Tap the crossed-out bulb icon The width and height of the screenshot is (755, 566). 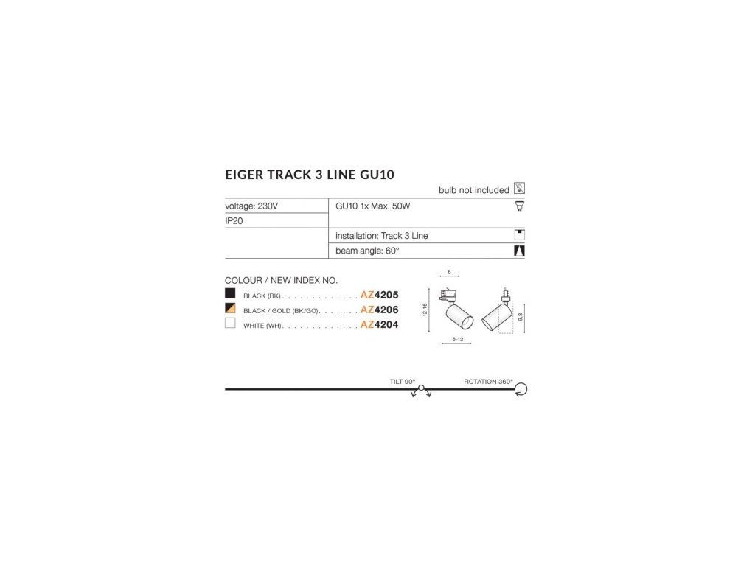click(519, 189)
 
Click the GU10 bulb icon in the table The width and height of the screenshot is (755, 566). click(519, 206)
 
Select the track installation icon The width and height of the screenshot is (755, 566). click(519, 236)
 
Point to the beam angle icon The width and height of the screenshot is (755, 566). click(519, 251)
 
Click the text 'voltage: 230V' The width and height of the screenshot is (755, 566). click(251, 206)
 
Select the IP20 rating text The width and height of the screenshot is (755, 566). click(234, 220)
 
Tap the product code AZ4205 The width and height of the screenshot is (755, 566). click(379, 295)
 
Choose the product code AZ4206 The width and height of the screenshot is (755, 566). click(379, 310)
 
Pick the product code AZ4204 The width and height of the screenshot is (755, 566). click(379, 325)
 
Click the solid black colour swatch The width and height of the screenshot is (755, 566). click(231, 294)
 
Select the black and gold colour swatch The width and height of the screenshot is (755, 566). click(231, 309)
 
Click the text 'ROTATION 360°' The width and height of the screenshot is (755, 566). click(488, 382)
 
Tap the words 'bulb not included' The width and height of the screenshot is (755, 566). click(473, 190)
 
